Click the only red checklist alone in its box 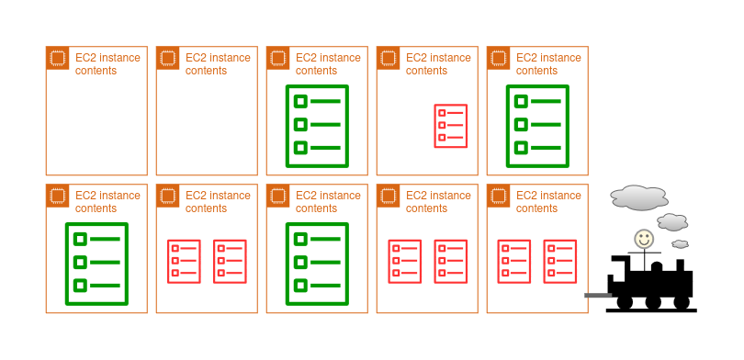[x=451, y=126]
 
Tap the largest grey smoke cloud [x=639, y=197]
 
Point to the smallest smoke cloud [x=680, y=243]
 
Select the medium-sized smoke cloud [x=672, y=222]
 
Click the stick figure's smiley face [x=644, y=239]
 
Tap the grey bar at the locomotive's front [x=598, y=295]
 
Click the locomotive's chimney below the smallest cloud [x=680, y=265]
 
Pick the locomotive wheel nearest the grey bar [x=625, y=302]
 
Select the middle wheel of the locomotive [x=653, y=302]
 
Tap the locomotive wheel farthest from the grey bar [x=682, y=302]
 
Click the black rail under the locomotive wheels [x=651, y=310]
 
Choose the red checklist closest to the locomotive [x=560, y=262]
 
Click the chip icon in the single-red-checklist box [x=389, y=58]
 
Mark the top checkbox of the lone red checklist [x=442, y=113]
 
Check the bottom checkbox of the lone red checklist [x=442, y=138]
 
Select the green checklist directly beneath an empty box [x=96, y=264]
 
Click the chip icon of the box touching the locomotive [x=498, y=196]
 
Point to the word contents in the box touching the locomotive [x=536, y=208]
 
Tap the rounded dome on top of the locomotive [x=656, y=267]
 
